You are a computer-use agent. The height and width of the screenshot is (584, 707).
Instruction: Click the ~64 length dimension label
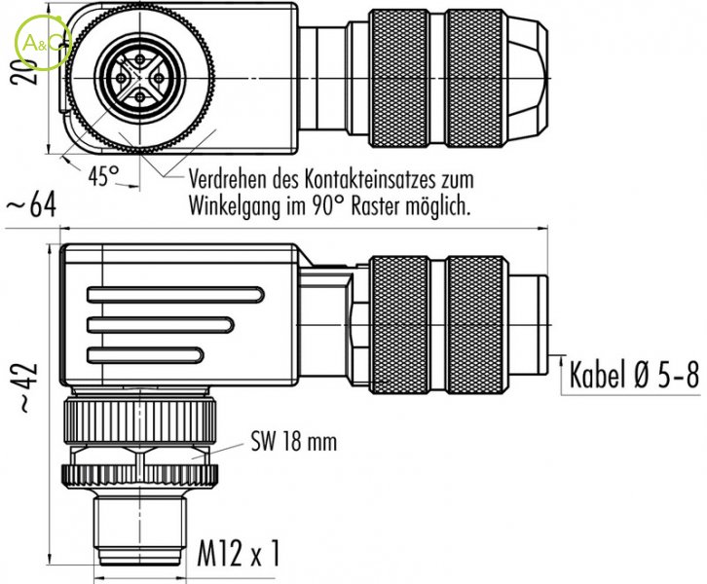29,205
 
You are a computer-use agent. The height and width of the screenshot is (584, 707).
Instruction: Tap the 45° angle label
100,177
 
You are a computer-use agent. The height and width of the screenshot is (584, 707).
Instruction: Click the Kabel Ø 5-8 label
634,375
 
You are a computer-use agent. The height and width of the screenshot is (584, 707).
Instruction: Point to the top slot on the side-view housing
174,294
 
